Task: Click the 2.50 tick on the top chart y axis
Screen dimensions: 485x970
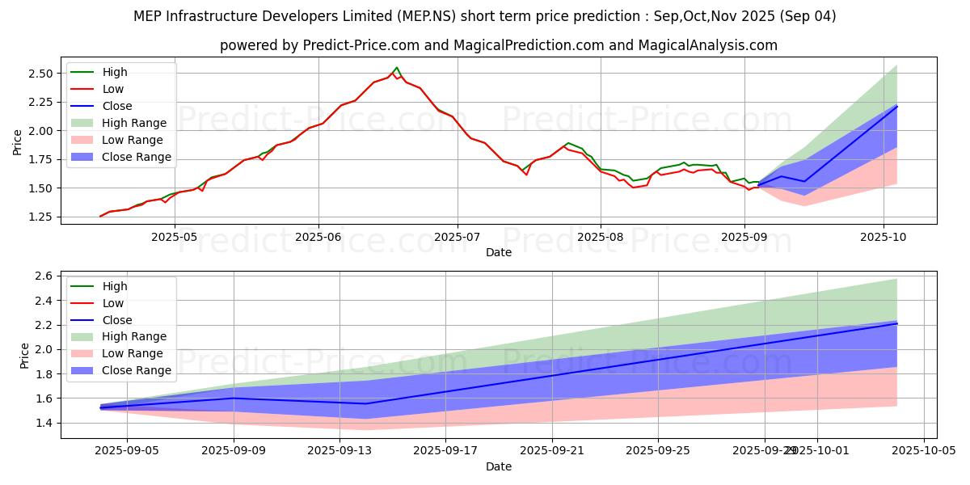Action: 40,74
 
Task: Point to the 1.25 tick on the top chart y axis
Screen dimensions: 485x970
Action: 40,217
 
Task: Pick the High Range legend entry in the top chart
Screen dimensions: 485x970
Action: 134,123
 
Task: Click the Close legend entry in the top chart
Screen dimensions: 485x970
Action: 117,106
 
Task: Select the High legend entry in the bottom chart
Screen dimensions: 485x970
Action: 114,286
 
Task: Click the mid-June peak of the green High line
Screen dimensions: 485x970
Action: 396,68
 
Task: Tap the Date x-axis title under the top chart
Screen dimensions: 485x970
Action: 498,252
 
